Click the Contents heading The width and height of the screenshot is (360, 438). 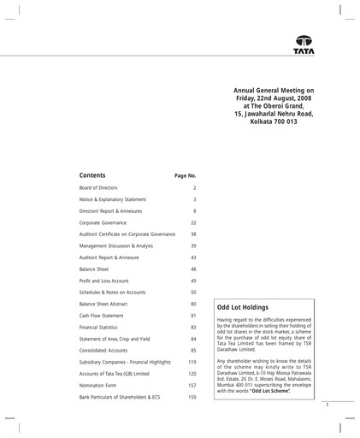pyautogui.click(x=92, y=175)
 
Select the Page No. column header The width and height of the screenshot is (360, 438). pyautogui.click(x=185, y=175)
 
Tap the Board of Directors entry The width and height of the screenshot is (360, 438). pyautogui.click(x=98, y=187)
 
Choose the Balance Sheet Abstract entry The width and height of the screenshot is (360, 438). pyautogui.click(x=106, y=304)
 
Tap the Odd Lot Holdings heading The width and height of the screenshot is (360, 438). pyautogui.click(x=244, y=306)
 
